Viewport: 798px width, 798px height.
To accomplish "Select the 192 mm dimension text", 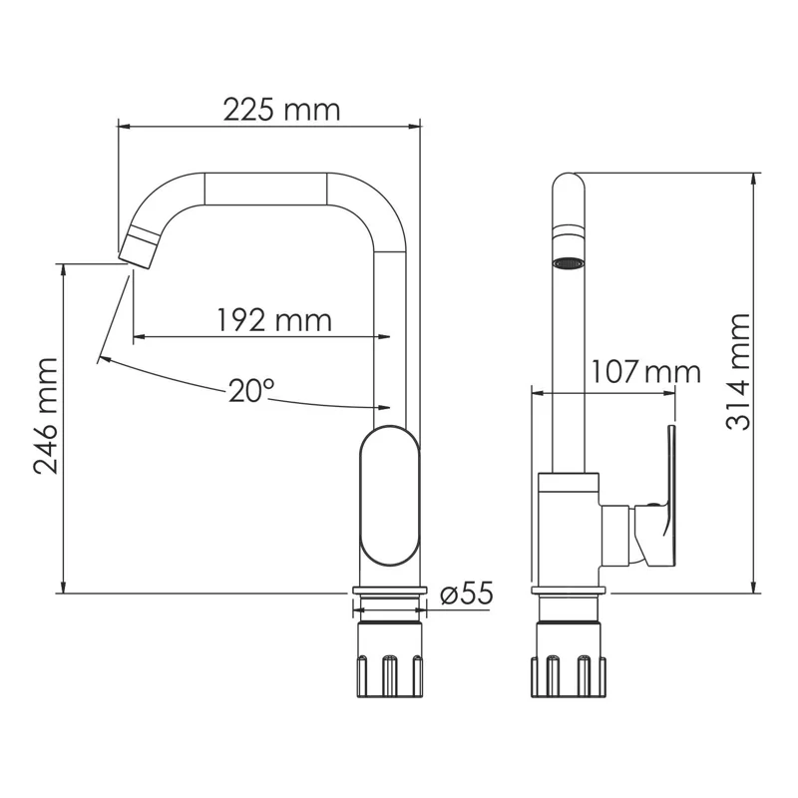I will pos(274,320).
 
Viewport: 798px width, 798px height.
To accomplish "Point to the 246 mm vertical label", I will pos(45,418).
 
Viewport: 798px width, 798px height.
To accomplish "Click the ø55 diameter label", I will pos(466,594).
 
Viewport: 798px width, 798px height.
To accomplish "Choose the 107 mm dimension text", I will pos(645,373).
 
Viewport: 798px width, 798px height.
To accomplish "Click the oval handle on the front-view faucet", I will pos(390,495).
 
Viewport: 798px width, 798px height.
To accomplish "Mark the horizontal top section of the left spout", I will pos(264,187).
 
